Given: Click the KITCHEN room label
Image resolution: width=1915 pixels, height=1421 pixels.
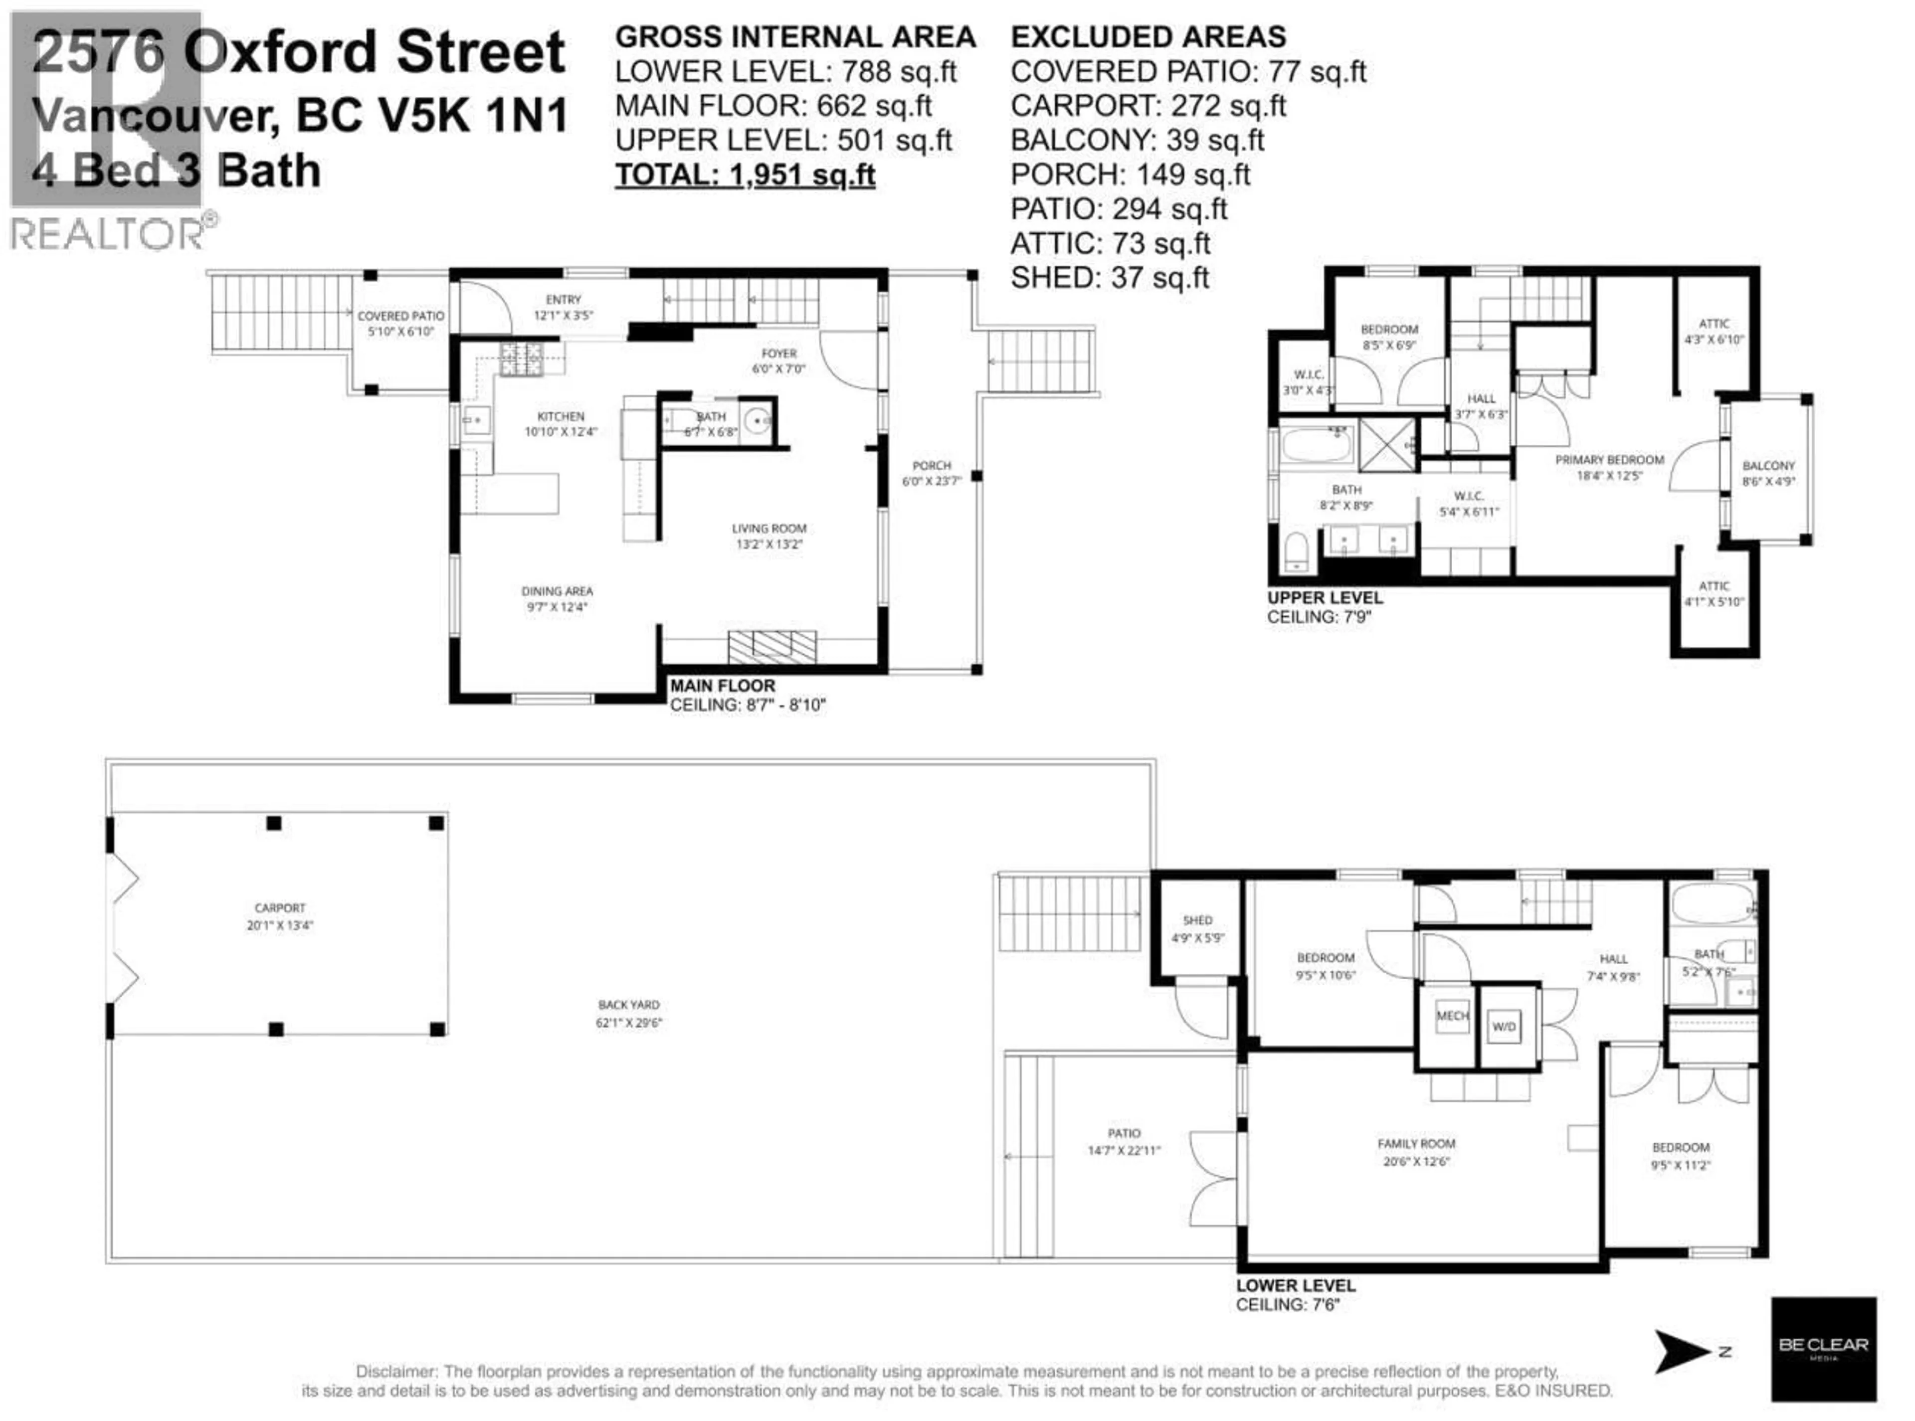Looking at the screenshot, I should click(x=560, y=416).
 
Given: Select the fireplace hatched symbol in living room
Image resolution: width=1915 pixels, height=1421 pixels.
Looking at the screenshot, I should click(x=771, y=646).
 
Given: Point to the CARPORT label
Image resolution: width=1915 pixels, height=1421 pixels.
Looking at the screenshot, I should click(x=280, y=907).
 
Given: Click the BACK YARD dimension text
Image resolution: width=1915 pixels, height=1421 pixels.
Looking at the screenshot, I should click(x=629, y=1023).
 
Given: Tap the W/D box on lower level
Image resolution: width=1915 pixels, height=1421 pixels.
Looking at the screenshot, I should click(x=1504, y=1026).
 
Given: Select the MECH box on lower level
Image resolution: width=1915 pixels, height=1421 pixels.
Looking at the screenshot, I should click(x=1452, y=1016).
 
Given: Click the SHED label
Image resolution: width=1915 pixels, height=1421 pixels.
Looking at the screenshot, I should click(x=1197, y=920).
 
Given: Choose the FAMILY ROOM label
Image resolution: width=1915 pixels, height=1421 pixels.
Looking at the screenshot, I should click(x=1416, y=1143).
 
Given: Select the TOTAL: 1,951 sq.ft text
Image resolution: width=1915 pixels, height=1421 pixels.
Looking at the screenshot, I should click(x=745, y=175).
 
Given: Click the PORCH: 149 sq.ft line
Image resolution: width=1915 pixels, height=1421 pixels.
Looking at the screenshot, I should click(x=1130, y=175).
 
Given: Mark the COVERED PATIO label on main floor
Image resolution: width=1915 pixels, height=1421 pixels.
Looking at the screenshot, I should click(x=401, y=316).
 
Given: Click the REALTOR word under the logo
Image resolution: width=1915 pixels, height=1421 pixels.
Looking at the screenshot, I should click(x=108, y=234).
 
